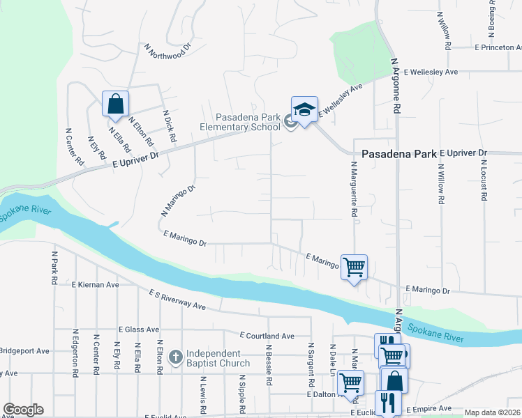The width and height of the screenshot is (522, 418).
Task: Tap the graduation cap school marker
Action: coord(304,110)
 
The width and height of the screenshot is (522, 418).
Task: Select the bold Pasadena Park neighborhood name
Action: coord(398,154)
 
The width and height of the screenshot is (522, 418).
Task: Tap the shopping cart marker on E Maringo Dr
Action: coord(354,266)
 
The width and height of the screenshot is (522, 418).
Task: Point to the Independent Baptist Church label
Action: coord(216,358)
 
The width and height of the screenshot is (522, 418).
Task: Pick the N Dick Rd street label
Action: coord(169,126)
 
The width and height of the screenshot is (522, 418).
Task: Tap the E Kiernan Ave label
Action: coord(96,285)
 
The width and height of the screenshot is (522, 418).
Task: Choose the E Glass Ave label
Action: coord(139,330)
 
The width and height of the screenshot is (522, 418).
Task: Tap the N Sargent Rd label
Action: coord(310,365)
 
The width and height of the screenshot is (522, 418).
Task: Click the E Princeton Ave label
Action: coord(497,48)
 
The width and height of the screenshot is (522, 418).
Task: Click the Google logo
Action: coord(23,410)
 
